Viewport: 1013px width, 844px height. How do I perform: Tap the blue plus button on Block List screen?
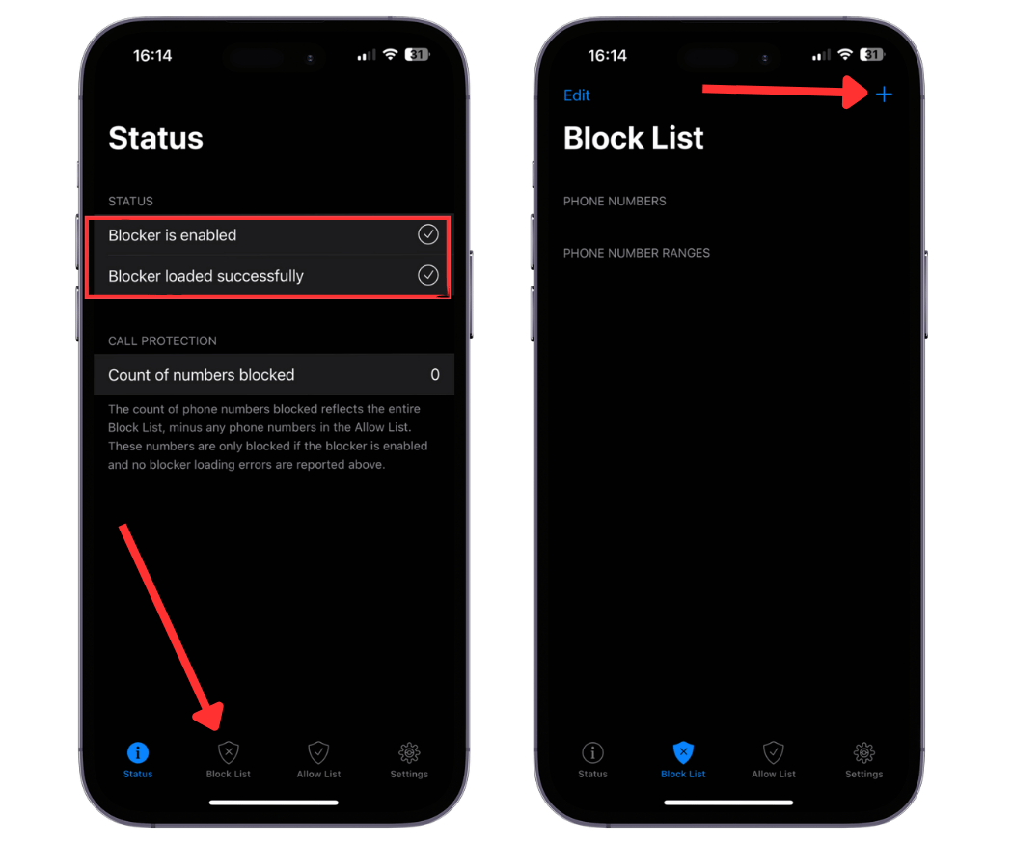click(x=884, y=95)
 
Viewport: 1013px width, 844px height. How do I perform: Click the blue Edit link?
click(x=576, y=95)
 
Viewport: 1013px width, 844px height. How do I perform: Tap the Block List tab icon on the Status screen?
click(x=228, y=752)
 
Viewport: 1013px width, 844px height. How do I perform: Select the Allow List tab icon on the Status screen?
click(x=318, y=752)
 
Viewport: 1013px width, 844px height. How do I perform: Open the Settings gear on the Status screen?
click(x=409, y=752)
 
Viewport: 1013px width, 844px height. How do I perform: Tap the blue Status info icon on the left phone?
click(x=138, y=752)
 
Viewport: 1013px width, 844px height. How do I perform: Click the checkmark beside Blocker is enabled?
click(x=427, y=234)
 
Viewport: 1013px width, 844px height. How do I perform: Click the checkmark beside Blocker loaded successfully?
click(x=427, y=275)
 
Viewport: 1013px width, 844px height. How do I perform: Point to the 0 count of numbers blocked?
click(x=435, y=374)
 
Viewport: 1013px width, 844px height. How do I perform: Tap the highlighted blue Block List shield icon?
click(x=683, y=752)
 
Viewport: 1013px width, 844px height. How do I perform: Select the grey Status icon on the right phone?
click(x=592, y=752)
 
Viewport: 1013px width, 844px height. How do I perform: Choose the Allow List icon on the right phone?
click(x=774, y=752)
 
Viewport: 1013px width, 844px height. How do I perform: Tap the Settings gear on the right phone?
click(x=863, y=752)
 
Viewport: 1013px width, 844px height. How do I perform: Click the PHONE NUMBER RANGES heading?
click(x=637, y=253)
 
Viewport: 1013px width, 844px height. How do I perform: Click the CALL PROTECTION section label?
click(x=162, y=340)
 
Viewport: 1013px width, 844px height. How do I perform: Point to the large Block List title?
click(x=633, y=138)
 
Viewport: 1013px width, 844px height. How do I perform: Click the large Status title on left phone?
click(x=155, y=138)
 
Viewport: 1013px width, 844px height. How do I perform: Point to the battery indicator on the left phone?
click(x=418, y=55)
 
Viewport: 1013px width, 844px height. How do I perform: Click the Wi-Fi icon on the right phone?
click(x=845, y=54)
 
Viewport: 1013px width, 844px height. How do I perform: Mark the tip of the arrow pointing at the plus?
click(x=867, y=93)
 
